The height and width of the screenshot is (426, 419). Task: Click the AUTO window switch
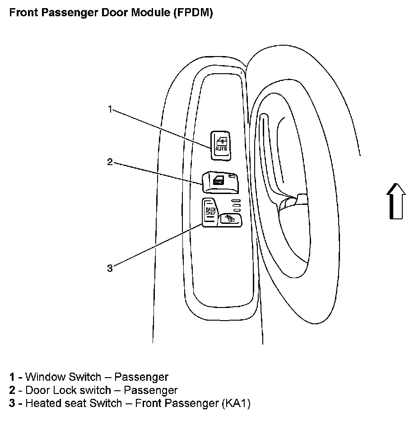220,145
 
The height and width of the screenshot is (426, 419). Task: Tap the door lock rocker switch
220,181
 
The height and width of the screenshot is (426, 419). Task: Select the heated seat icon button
230,219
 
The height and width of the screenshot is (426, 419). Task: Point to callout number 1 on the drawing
110,109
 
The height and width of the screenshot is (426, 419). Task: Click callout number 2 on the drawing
110,162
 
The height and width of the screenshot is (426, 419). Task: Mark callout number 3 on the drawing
110,268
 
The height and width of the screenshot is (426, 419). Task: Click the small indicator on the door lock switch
232,176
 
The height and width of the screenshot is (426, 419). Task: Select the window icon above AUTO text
221,140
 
